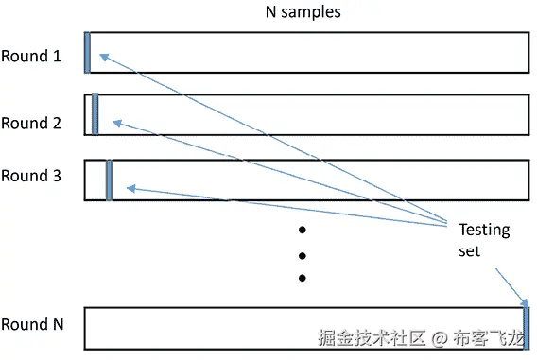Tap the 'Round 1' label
click(x=31, y=56)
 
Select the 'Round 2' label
click(x=31, y=123)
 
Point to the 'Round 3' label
click(x=31, y=176)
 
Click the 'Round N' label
click(x=32, y=324)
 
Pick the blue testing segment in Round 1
click(x=87, y=53)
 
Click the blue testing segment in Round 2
click(x=95, y=114)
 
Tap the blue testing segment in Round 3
click(x=109, y=180)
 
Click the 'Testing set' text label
click(x=483, y=240)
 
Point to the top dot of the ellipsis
click(x=303, y=230)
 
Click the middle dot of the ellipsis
click(x=303, y=254)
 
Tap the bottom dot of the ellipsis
click(x=303, y=278)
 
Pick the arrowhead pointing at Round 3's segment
click(x=130, y=189)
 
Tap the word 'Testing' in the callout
click(x=483, y=230)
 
